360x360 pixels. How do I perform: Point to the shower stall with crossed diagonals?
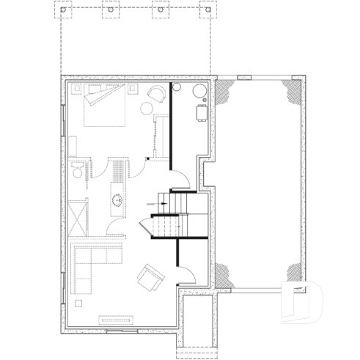tap(77, 218)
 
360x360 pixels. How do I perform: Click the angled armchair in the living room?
tap(152, 276)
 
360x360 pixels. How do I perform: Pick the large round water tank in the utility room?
tap(198, 90)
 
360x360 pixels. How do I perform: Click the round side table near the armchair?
tap(147, 109)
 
